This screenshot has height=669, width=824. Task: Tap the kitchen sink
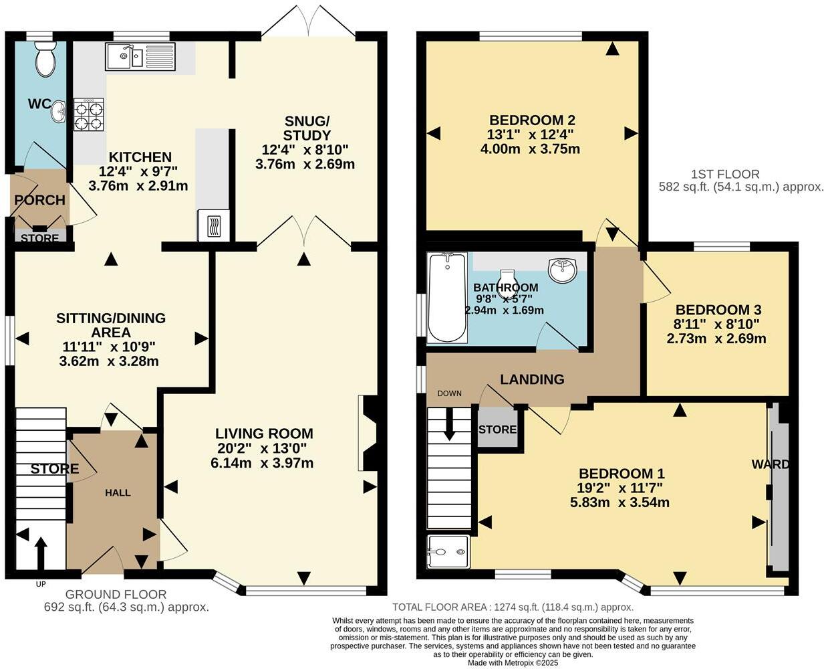[x=140, y=57]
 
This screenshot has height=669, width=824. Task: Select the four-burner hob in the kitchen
[x=89, y=114]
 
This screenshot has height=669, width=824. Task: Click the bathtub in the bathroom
[x=446, y=298]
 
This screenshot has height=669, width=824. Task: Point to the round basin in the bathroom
[x=563, y=270]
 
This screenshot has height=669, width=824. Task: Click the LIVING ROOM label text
[x=264, y=434]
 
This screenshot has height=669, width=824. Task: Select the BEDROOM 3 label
[x=718, y=310]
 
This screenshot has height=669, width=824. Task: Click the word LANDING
[x=532, y=379]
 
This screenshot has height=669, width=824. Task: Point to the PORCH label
[x=39, y=200]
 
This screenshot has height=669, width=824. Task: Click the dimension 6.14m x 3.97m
[x=264, y=463]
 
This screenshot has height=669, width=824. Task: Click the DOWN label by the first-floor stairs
[x=449, y=393]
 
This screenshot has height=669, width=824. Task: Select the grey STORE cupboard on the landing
[x=498, y=429]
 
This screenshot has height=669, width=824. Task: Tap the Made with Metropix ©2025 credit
[x=513, y=663]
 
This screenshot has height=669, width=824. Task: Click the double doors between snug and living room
[x=304, y=234]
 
